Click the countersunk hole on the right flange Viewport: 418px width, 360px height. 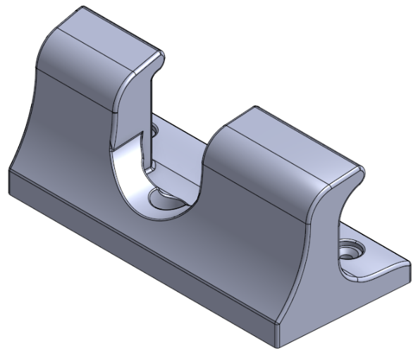click(x=350, y=249)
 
